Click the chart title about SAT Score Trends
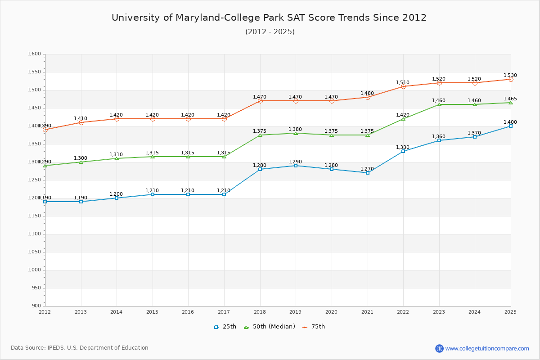[x=269, y=18]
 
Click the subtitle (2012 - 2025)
[x=270, y=32]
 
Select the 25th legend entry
[x=225, y=327]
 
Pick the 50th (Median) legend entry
[x=270, y=327]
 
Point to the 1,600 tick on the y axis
[x=35, y=54]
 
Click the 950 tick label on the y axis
[x=36, y=288]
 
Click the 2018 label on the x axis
[x=260, y=312]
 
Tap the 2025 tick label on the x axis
[x=510, y=312]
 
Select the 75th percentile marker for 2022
[x=403, y=86]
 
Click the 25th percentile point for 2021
[x=368, y=173]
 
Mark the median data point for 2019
[x=296, y=133]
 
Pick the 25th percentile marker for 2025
[x=511, y=126]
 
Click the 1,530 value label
[x=510, y=76]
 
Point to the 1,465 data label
[x=510, y=99]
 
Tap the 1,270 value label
[x=367, y=169]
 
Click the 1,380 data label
[x=295, y=130]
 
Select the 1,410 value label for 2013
[x=81, y=119]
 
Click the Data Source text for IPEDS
[x=80, y=348]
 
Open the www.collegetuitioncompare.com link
[x=487, y=348]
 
